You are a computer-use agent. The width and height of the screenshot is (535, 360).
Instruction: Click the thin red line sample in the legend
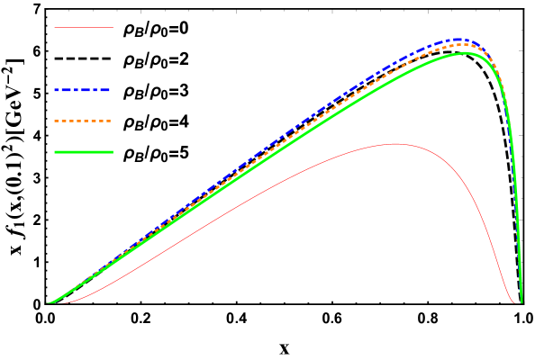[83, 28]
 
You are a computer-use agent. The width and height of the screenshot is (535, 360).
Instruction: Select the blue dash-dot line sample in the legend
[83, 90]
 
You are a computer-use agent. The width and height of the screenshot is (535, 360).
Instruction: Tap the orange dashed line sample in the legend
[83, 121]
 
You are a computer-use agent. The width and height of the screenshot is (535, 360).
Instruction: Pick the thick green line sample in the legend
[83, 152]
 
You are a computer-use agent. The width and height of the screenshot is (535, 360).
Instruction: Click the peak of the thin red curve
[394, 144]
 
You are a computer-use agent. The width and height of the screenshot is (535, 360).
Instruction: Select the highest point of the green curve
[466, 52]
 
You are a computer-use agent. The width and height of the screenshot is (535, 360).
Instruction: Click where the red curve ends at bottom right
[514, 303]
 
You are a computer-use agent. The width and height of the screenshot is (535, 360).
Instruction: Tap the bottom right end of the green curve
[521, 303]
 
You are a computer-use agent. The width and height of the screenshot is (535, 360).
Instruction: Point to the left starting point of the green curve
[49, 303]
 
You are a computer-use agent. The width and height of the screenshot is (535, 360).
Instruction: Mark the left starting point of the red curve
[63, 303]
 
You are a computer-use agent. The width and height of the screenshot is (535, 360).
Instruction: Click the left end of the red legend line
[55, 28]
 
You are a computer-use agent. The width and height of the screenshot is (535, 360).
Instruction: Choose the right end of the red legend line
[113, 28]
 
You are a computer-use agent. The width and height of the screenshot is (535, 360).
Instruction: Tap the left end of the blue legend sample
[55, 90]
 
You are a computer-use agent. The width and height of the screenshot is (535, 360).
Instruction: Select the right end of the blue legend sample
[112, 90]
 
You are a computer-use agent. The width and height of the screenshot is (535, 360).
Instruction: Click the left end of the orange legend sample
[55, 121]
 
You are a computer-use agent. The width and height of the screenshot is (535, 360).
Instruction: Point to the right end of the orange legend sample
[112, 121]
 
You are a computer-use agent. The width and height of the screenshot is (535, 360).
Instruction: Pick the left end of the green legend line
[55, 152]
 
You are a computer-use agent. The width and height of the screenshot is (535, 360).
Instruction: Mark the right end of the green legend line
[113, 152]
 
